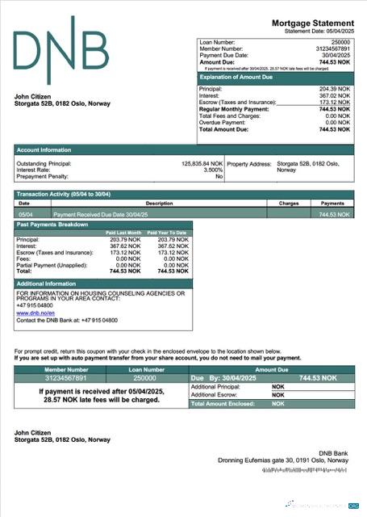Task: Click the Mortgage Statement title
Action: [312, 25]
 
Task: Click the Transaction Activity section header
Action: [63, 195]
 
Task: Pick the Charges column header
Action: [289, 204]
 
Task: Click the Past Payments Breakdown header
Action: [52, 225]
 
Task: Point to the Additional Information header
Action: [46, 284]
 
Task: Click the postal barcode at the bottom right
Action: [315, 470]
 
